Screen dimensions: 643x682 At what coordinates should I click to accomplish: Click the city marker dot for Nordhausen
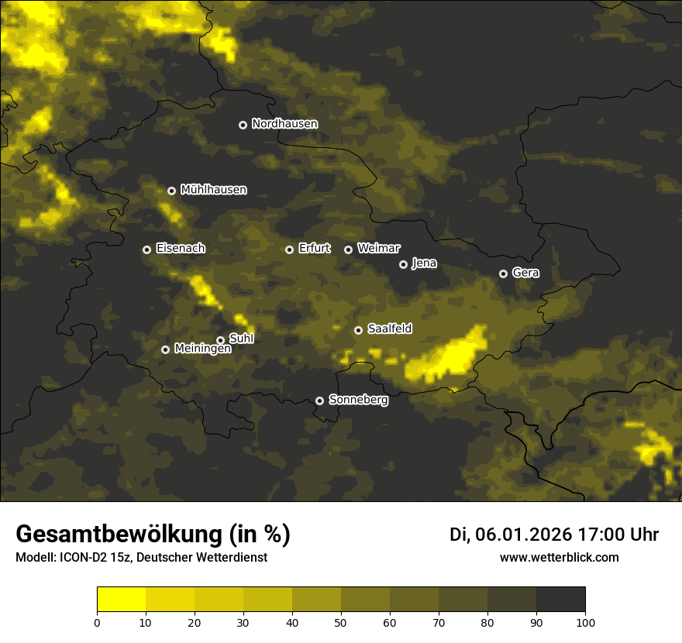coord(243,125)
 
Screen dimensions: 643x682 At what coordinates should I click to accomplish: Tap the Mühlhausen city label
coord(213,190)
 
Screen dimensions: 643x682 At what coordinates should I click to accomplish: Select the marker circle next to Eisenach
coord(146,249)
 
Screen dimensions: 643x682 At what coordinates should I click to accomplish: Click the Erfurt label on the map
coord(314,249)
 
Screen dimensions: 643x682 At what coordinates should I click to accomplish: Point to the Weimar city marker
coord(348,249)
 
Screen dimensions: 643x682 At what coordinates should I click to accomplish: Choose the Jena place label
coord(424,263)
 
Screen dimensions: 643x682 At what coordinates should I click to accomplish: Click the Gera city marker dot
coord(503,273)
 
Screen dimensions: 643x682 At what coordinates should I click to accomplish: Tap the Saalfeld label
coord(389,329)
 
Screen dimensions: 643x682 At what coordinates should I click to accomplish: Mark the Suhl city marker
coord(220,340)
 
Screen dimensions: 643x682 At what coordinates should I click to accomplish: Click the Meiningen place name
coord(202,349)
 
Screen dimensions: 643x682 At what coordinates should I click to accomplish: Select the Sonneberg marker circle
coord(319,401)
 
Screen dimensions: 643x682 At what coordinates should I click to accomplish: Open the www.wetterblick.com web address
coord(559,558)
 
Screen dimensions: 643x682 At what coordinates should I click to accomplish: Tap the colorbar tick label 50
coord(341,622)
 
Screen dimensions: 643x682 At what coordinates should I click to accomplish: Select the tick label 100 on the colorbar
coord(585,622)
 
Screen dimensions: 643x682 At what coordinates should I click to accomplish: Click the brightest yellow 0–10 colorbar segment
coord(121,600)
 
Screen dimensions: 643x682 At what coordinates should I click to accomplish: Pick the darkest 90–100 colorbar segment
coord(560,600)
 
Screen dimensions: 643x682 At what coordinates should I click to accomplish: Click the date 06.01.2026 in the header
coord(524,535)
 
